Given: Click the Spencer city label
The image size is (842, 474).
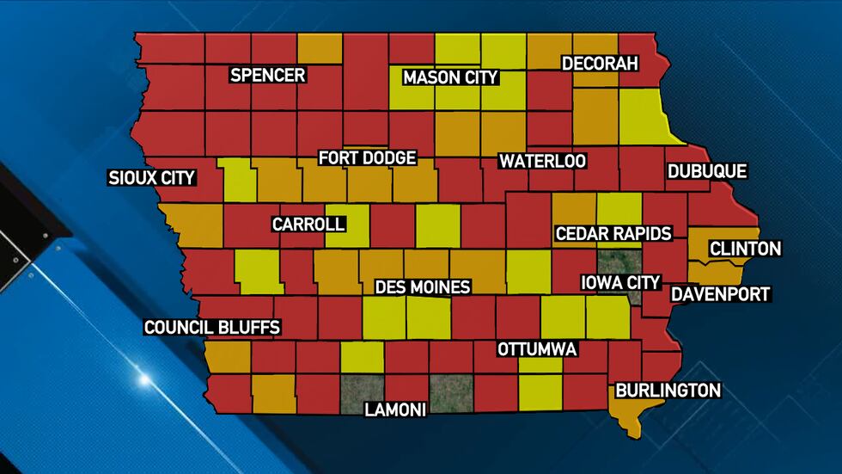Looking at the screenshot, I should (268, 75).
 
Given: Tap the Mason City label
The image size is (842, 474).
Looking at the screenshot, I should (450, 77).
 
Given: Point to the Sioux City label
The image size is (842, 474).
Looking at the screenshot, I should (152, 178).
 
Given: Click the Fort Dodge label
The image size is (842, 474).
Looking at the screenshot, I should (367, 158).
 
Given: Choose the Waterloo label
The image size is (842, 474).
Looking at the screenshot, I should (543, 161).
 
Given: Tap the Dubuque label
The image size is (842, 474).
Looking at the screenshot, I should (707, 171).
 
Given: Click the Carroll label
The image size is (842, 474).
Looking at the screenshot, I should (308, 225).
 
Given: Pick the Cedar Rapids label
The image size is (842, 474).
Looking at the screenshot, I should (613, 233).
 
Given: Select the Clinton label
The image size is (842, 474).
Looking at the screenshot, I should (745, 249).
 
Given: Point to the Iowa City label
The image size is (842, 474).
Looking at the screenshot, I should (620, 282).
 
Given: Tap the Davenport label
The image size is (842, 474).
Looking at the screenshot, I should (720, 294).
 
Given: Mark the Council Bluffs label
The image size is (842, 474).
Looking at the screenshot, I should (212, 327).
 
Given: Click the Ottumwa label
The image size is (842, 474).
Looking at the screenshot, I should (537, 349).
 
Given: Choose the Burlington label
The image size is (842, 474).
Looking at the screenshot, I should (667, 390).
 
